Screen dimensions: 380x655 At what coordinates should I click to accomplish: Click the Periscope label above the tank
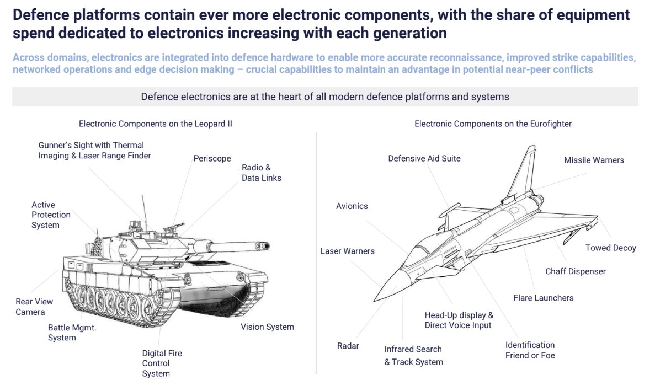pos(212,158)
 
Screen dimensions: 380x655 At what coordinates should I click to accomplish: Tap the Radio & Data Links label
pos(261,173)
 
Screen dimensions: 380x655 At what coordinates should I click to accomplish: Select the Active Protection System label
pos(51,215)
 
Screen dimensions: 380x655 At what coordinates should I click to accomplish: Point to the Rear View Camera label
pos(34,307)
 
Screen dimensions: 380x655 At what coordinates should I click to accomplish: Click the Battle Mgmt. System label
pos(72,332)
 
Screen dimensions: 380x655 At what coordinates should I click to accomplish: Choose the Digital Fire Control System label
pos(162,363)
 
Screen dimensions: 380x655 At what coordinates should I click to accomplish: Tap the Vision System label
pos(267,327)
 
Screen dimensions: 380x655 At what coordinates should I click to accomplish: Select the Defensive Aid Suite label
pos(424,158)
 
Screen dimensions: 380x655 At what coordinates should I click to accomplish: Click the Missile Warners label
pos(594,160)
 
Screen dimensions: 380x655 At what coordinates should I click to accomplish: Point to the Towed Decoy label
pos(610,248)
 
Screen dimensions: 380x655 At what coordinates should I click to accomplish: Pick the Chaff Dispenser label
pos(575,271)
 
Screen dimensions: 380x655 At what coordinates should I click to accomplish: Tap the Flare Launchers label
pos(543,298)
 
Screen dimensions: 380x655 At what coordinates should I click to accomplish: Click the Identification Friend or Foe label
pos(530,350)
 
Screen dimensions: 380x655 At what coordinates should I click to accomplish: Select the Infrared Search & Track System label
pos(413,355)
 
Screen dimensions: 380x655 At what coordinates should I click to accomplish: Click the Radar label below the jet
pos(348,346)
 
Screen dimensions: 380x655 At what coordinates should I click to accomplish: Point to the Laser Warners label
pos(347,251)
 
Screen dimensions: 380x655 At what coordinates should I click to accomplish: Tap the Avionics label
pos(352,206)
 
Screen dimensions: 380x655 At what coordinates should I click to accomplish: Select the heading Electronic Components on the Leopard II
pos(155,124)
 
